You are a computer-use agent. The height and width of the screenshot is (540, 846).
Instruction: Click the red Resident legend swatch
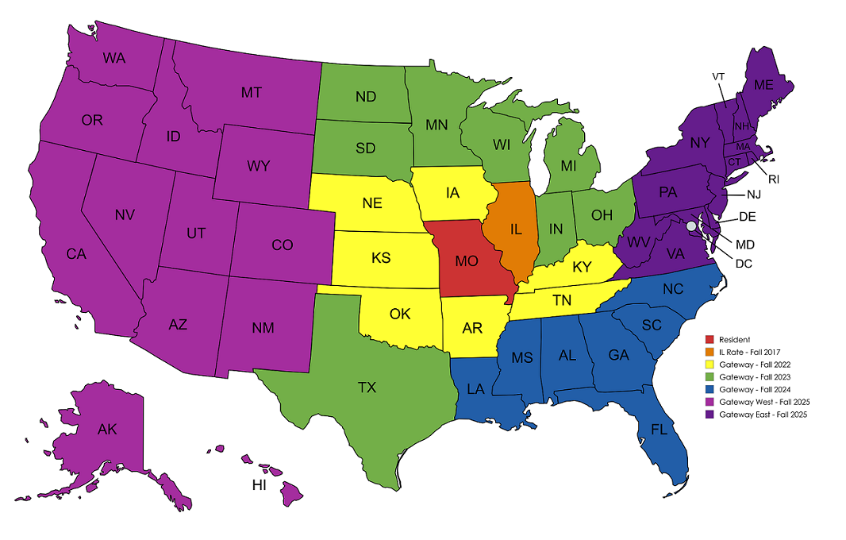[709, 340]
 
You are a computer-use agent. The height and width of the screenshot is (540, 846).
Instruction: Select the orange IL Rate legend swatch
[709, 352]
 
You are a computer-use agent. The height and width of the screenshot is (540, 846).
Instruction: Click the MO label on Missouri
[467, 260]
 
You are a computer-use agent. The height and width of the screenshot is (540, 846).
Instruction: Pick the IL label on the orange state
[516, 229]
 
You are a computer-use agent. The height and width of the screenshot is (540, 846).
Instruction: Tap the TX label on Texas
[367, 388]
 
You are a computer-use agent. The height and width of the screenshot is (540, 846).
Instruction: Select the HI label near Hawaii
[259, 486]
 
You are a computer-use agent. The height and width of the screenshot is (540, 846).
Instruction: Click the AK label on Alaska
[107, 430]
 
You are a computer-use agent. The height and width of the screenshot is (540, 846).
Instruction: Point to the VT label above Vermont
[719, 76]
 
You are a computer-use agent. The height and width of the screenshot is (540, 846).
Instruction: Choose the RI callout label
[774, 179]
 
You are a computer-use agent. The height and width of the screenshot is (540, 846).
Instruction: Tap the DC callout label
[743, 263]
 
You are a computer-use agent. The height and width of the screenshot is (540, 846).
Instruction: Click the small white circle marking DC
[690, 226]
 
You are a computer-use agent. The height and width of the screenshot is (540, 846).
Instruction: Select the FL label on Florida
[657, 430]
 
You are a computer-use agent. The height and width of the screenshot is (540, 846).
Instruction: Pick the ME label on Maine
[763, 85]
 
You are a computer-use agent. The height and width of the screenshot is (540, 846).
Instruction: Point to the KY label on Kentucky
[582, 267]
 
